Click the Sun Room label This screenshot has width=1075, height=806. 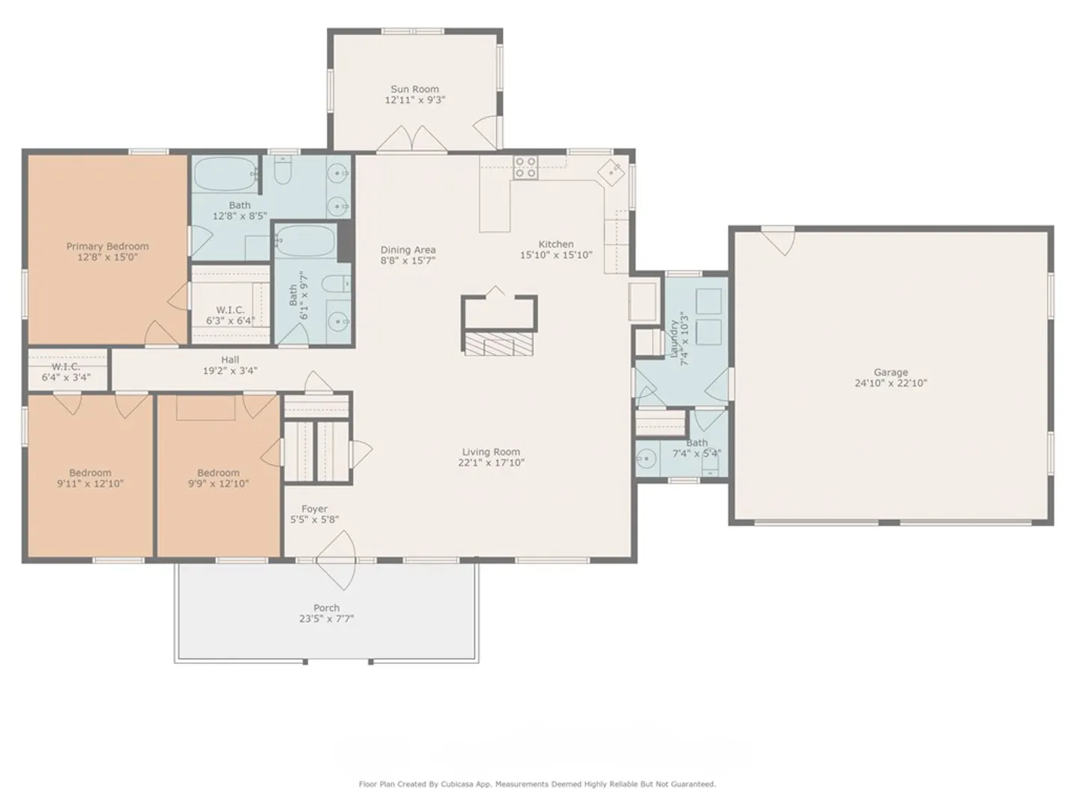tap(414, 89)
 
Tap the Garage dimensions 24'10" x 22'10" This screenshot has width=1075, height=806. tap(891, 383)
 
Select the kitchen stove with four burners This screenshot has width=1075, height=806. tap(525, 167)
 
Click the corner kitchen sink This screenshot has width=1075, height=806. tap(611, 172)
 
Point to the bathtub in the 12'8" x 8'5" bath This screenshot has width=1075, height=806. tap(225, 173)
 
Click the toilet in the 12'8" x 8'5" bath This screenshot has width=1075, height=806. tap(283, 170)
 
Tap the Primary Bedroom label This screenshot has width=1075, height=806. tap(107, 246)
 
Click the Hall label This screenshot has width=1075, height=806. tap(230, 360)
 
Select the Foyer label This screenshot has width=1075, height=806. tap(314, 508)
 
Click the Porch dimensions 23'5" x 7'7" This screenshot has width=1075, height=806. tap(327, 619)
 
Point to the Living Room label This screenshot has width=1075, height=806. tap(491, 452)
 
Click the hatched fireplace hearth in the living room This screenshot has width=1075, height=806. tap(499, 344)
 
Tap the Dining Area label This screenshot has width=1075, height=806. tap(408, 250)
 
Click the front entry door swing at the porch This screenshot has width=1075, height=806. tap(336, 560)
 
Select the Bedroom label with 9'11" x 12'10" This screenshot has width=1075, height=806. tap(90, 472)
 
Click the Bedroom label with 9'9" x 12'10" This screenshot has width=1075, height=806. tap(219, 472)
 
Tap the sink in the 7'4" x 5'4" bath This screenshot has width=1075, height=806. tap(646, 458)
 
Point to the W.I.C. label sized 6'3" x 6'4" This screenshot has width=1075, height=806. tap(230, 310)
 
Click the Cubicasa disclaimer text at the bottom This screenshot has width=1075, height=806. tap(537, 784)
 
